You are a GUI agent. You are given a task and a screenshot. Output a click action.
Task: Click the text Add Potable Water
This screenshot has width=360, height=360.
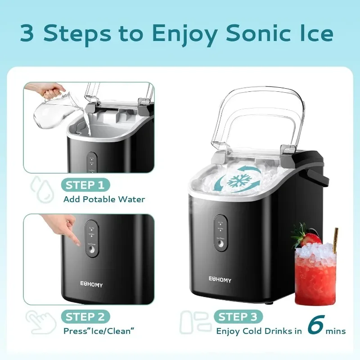click(x=104, y=199)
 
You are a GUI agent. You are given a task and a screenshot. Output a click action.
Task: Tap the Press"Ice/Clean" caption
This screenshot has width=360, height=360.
click(x=99, y=332)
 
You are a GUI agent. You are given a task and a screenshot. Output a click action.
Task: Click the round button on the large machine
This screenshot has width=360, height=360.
click(x=220, y=243)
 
